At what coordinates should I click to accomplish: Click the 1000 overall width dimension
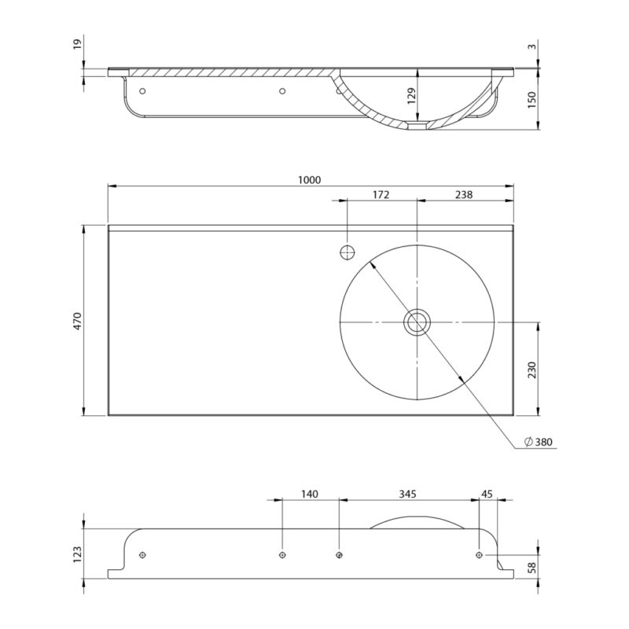[310, 180]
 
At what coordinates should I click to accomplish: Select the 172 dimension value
[381, 195]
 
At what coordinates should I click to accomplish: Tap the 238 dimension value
[464, 195]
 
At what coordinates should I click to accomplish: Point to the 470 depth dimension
[77, 321]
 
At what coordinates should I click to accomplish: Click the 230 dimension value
[532, 370]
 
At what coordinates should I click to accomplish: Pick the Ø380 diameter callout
[539, 442]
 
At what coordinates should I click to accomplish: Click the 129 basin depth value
[411, 96]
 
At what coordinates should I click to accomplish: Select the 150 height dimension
[532, 100]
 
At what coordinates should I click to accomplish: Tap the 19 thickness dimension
[77, 43]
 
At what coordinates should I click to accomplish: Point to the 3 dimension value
[532, 46]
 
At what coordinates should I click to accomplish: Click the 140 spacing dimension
[310, 494]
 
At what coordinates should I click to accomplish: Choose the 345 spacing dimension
[407, 494]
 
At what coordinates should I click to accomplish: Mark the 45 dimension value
[487, 494]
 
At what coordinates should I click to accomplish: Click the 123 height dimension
[77, 554]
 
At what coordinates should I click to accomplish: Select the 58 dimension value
[532, 567]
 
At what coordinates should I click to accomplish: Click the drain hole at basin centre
[417, 322]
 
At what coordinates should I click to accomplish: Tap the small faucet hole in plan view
[348, 252]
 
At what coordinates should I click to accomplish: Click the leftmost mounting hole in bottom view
[142, 555]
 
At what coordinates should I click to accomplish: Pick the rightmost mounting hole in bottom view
[479, 555]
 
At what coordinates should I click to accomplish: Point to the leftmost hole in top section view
[142, 91]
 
